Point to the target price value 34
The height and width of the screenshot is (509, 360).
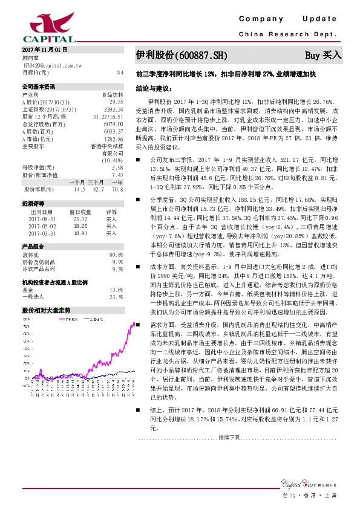(120, 72)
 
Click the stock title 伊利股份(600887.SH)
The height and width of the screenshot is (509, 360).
(182, 55)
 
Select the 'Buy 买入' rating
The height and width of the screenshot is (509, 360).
(323, 54)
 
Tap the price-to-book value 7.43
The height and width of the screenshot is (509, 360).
(117, 175)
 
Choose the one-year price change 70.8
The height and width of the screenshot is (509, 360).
(117, 189)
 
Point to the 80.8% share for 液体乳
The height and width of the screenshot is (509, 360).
(116, 255)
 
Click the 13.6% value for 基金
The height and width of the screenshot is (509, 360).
(116, 290)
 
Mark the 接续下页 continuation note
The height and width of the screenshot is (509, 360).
(229, 436)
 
